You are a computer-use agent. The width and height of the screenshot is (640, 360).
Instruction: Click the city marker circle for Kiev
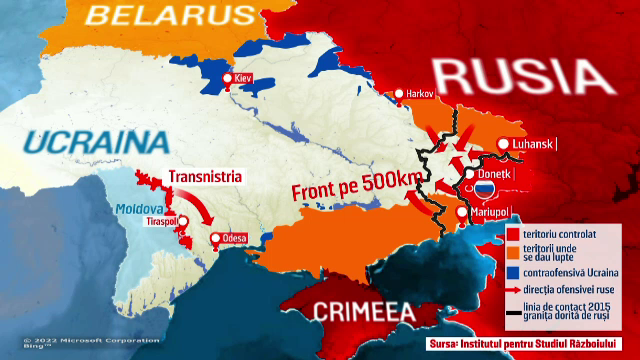click(228, 78)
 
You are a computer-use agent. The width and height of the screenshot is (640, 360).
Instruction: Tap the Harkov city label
click(420, 93)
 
